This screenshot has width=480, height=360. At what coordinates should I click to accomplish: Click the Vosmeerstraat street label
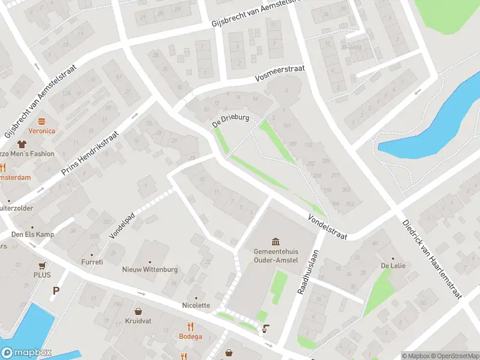coord(280,74)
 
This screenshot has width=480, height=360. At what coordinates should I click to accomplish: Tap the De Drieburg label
coord(230,120)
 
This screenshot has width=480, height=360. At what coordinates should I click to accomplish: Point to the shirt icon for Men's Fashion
coord(23,144)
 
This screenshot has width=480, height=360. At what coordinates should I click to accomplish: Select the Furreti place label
coord(92,262)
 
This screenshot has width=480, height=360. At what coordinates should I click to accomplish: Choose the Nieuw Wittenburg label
coord(150,269)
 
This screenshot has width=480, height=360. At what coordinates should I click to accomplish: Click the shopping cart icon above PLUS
coord(42,265)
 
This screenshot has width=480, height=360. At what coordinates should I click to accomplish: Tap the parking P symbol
coord(56,291)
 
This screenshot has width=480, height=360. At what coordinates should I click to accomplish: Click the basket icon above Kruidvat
coord(139,311)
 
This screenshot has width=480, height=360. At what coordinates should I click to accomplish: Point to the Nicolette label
coord(196,305)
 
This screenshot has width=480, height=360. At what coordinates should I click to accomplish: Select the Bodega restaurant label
coord(190,336)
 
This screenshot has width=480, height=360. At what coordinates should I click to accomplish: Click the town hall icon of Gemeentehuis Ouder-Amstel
coord(275,242)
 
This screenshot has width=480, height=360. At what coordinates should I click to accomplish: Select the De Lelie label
coord(390,266)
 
